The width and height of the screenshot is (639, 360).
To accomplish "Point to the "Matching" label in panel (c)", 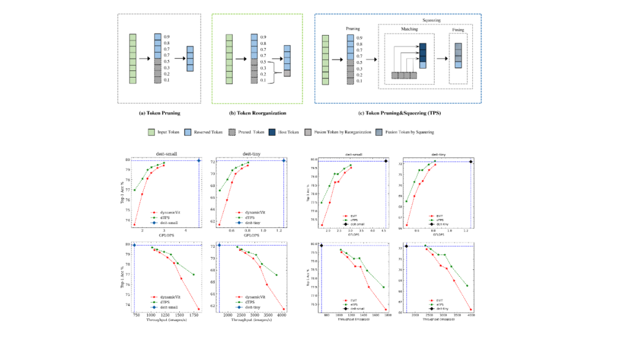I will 409,28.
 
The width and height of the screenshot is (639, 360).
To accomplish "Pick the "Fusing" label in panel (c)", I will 458,28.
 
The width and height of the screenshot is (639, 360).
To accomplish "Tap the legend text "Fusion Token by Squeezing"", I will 414,132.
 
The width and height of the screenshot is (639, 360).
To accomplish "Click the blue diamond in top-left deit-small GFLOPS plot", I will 199,160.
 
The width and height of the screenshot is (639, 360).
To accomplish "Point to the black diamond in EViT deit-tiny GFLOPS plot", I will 471,162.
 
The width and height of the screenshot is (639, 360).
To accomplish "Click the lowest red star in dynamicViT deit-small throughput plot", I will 199,309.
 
